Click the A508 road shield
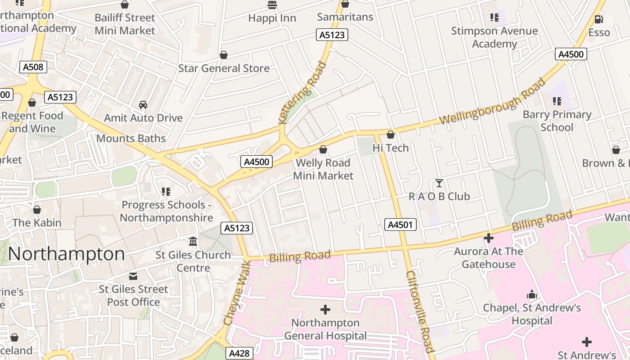click(x=33, y=67)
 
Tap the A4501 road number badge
click(x=400, y=225)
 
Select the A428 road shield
click(x=239, y=353)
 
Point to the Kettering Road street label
click(x=302, y=93)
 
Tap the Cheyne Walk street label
click(x=236, y=292)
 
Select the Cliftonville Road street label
click(x=420, y=311)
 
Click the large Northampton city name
click(x=66, y=254)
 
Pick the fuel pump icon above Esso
click(x=599, y=19)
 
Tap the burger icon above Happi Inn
click(x=272, y=5)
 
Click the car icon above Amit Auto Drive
click(x=143, y=105)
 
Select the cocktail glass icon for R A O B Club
click(x=439, y=183)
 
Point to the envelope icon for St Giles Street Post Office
click(x=133, y=276)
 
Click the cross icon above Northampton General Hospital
click(x=325, y=310)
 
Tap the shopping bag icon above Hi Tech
click(x=391, y=135)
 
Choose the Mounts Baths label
click(x=131, y=138)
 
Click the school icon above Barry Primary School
click(x=557, y=101)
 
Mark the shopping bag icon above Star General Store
click(x=224, y=55)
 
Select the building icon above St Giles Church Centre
click(x=193, y=242)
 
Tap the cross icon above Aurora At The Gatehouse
click(x=488, y=238)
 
